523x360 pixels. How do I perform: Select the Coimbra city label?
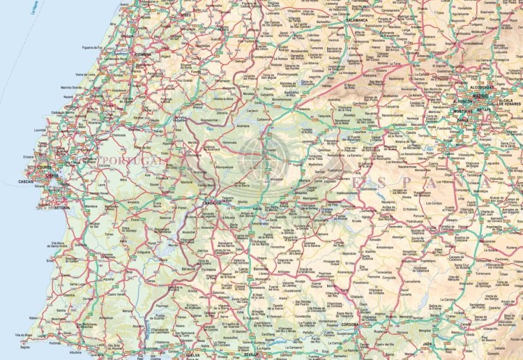143,54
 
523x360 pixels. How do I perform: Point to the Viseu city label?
185,13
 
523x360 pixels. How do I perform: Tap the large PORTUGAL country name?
122,160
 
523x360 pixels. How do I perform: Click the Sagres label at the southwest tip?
26,346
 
